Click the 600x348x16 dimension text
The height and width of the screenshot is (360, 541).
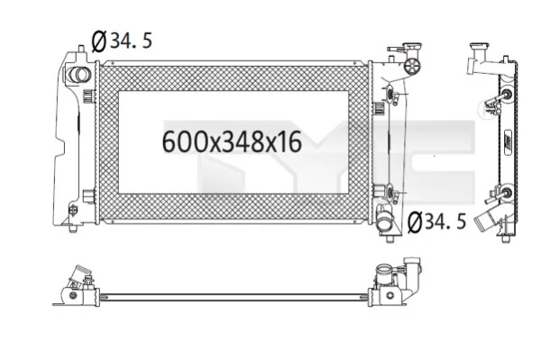click(x=231, y=142)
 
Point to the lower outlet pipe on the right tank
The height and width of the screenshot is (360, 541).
click(x=386, y=220)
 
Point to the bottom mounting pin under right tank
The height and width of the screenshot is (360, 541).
click(x=390, y=236)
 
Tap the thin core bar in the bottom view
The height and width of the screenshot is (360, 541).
click(x=234, y=295)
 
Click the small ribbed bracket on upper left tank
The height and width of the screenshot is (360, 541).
click(x=87, y=93)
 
